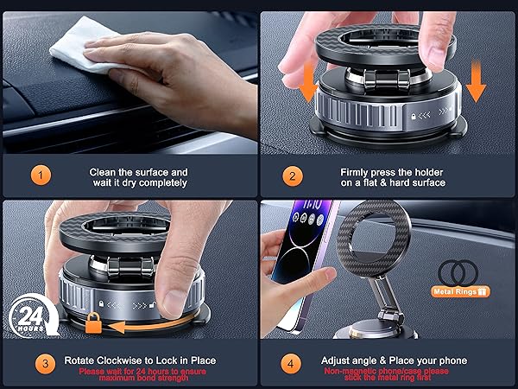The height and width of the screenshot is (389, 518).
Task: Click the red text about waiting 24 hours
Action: point(142,374)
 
